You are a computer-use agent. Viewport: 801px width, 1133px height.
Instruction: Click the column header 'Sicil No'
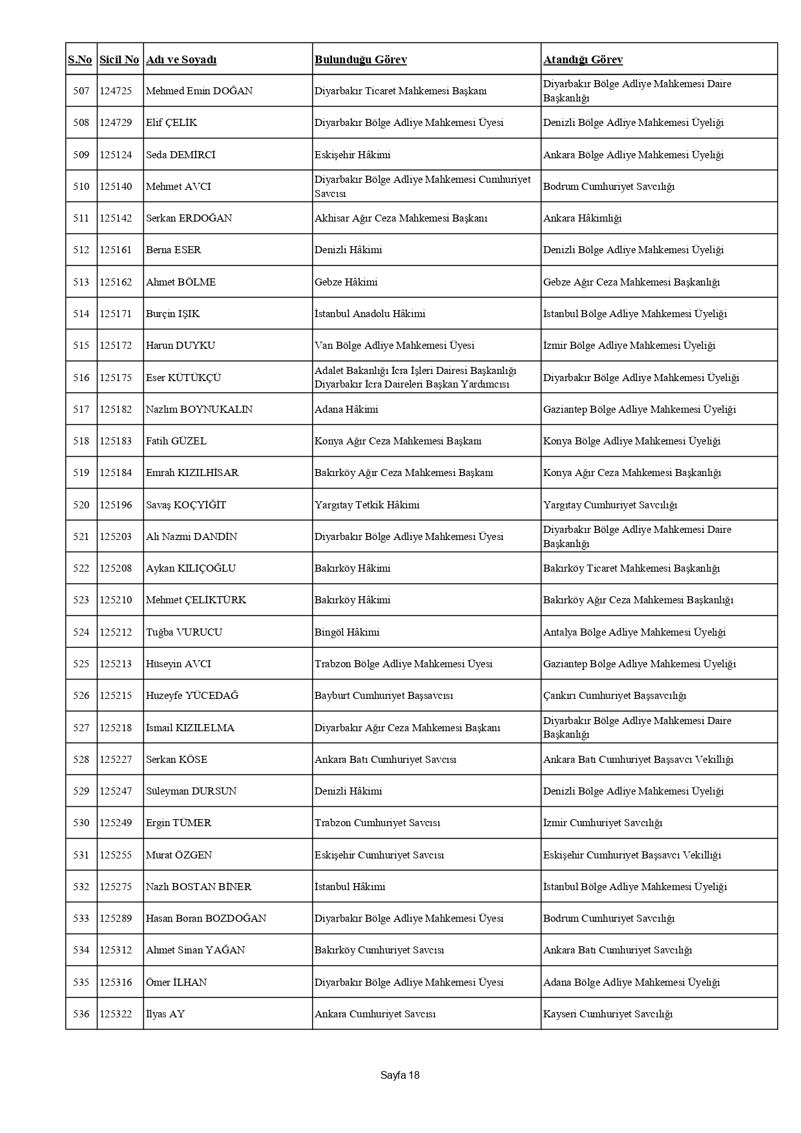tap(119, 60)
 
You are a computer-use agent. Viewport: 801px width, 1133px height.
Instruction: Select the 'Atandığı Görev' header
tap(583, 60)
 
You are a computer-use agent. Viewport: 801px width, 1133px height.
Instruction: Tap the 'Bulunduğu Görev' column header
tap(360, 60)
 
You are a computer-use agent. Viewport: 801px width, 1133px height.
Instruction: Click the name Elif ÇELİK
tap(171, 123)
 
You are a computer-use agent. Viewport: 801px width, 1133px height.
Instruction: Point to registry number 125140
tap(116, 187)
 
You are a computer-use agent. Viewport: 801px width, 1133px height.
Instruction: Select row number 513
tap(81, 282)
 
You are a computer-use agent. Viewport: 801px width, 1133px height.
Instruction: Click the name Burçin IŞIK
tap(172, 314)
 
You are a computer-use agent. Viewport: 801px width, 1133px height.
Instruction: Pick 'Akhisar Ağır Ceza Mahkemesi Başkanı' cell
tap(400, 218)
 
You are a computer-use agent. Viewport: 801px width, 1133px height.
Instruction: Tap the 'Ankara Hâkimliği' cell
tap(582, 218)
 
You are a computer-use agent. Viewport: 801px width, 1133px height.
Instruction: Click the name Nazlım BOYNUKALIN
tap(199, 410)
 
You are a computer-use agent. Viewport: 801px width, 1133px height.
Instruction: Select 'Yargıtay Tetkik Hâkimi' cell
tap(367, 505)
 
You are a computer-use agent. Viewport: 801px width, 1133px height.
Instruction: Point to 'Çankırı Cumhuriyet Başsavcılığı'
tap(614, 696)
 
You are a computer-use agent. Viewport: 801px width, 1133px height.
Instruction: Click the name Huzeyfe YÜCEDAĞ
tap(192, 696)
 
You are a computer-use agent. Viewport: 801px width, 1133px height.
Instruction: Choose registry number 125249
tap(116, 823)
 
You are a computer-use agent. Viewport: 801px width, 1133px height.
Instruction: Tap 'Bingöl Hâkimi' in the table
tap(347, 632)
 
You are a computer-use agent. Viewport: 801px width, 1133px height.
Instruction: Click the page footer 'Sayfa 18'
tap(400, 1076)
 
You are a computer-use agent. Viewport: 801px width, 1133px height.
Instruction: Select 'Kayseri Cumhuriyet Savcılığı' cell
tap(608, 1014)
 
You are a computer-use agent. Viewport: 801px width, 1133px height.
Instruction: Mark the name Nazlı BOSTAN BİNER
tap(198, 887)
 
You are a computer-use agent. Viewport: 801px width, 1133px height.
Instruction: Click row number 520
tap(81, 505)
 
